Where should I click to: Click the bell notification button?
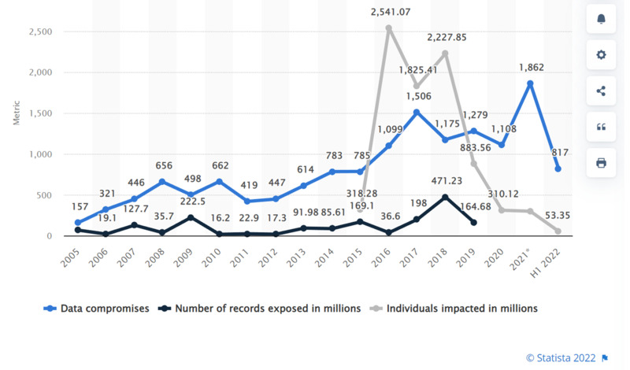pyautogui.click(x=601, y=19)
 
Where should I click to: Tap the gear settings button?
pyautogui.click(x=601, y=54)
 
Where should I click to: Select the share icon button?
pyautogui.click(x=601, y=91)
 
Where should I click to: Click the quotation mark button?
pyautogui.click(x=601, y=127)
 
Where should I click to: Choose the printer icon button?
pyautogui.click(x=601, y=163)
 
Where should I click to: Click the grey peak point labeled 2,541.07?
pyautogui.click(x=388, y=28)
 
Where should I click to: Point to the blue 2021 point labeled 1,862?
pyautogui.click(x=530, y=83)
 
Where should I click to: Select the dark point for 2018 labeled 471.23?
pyautogui.click(x=445, y=198)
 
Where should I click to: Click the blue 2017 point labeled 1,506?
pyautogui.click(x=417, y=113)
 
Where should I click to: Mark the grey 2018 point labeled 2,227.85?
pyautogui.click(x=445, y=54)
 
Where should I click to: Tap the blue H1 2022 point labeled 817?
pyautogui.click(x=558, y=169)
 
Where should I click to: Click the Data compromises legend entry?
pyautogui.click(x=96, y=309)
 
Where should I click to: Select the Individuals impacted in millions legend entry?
pyautogui.click(x=454, y=309)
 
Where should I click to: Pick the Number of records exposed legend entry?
pyautogui.click(x=260, y=309)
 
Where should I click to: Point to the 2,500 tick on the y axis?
pyautogui.click(x=41, y=31)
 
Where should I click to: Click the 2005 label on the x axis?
pyautogui.click(x=70, y=257)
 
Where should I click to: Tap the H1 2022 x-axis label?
pyautogui.click(x=545, y=263)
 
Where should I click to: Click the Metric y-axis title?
pyautogui.click(x=17, y=113)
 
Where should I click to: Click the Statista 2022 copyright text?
pyautogui.click(x=561, y=358)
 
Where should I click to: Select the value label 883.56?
pyautogui.click(x=476, y=148)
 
